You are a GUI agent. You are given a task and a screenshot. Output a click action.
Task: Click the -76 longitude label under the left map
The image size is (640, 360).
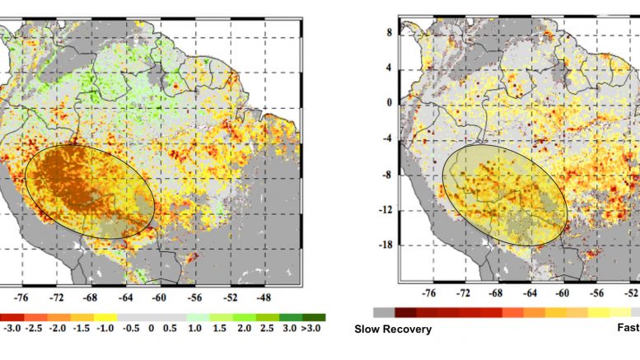[x=21, y=297]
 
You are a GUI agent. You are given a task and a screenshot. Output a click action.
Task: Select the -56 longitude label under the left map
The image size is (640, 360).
[x=194, y=297]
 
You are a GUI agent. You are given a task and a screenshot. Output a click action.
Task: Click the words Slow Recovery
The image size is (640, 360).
[x=393, y=330]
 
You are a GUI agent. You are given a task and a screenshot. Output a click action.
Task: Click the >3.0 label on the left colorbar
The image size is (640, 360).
[x=314, y=328]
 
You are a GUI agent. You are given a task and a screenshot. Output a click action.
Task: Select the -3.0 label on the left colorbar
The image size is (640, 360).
[x=12, y=328]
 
